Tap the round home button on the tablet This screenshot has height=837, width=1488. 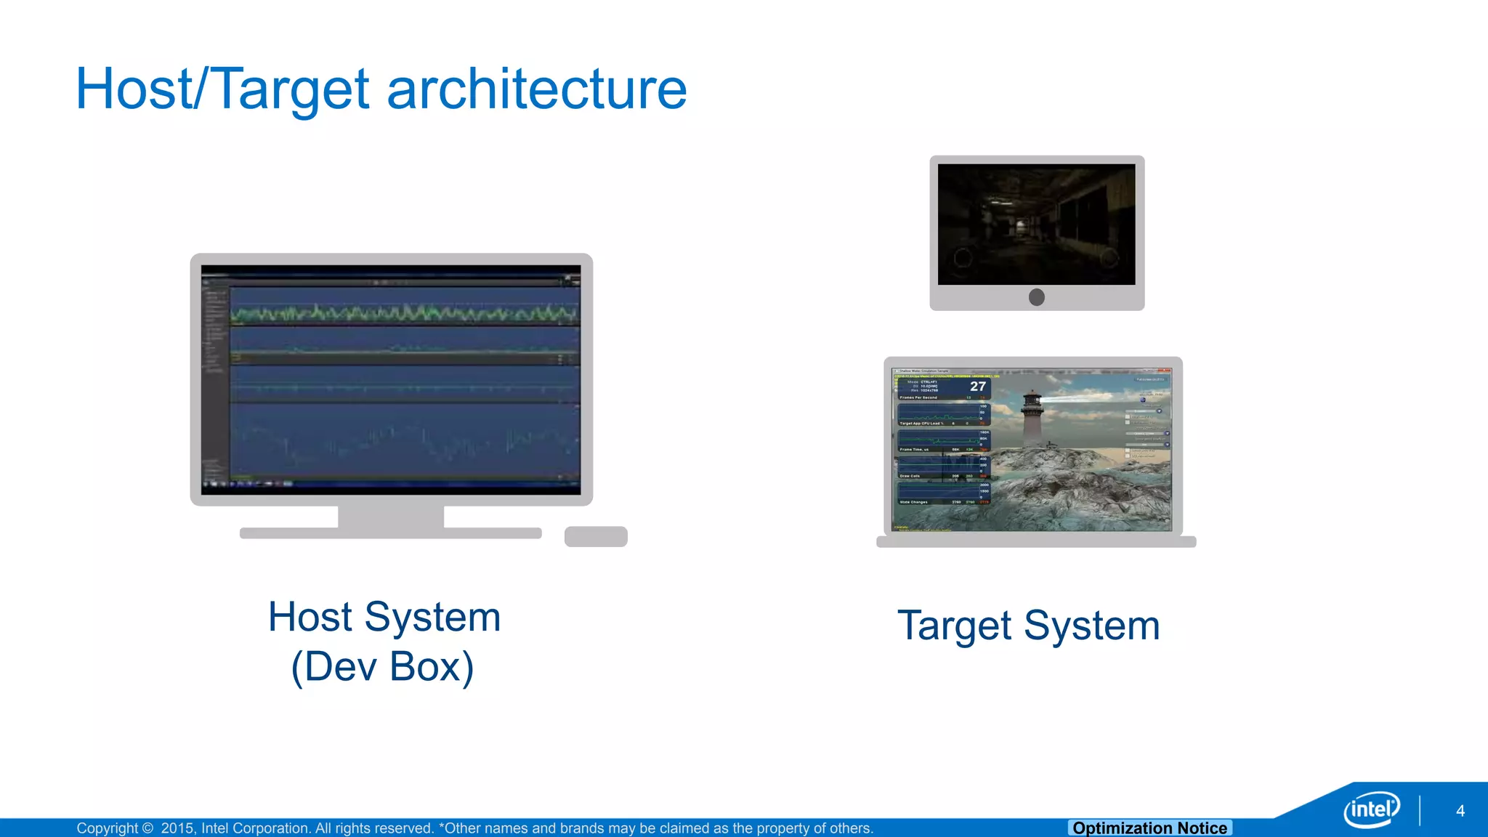(1037, 297)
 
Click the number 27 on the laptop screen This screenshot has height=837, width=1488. (978, 387)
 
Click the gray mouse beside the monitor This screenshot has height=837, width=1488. (596, 536)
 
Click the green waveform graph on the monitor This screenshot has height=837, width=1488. (404, 314)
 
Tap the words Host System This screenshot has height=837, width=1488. (384, 617)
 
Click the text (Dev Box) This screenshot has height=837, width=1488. (383, 666)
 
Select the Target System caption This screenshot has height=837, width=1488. (1028, 626)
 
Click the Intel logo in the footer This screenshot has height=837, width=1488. (1371, 809)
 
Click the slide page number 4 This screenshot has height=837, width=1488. (1460, 811)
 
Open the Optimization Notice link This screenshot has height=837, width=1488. (1149, 828)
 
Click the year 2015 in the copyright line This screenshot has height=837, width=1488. (177, 828)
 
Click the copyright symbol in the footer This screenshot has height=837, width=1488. (147, 828)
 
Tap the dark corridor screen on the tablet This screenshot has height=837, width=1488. (1036, 224)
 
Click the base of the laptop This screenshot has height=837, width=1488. (1036, 542)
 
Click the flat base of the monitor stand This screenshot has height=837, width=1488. (391, 533)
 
